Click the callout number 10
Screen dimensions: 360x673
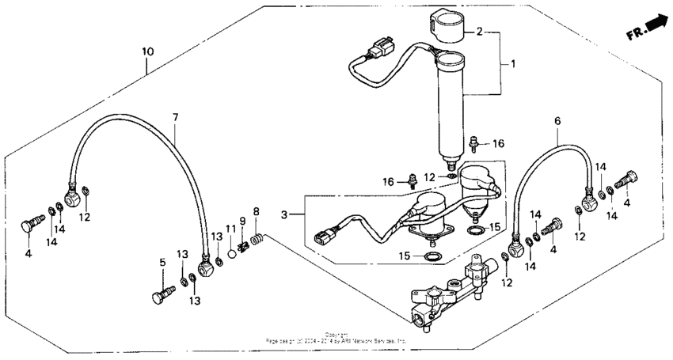pyautogui.click(x=147, y=51)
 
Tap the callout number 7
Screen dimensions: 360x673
pyautogui.click(x=176, y=117)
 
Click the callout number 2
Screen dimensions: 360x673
pyautogui.click(x=478, y=32)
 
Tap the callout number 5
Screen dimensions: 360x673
pyautogui.click(x=163, y=263)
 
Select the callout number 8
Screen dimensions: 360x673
pyautogui.click(x=257, y=211)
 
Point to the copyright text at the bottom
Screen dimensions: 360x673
pyautogui.click(x=336, y=338)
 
